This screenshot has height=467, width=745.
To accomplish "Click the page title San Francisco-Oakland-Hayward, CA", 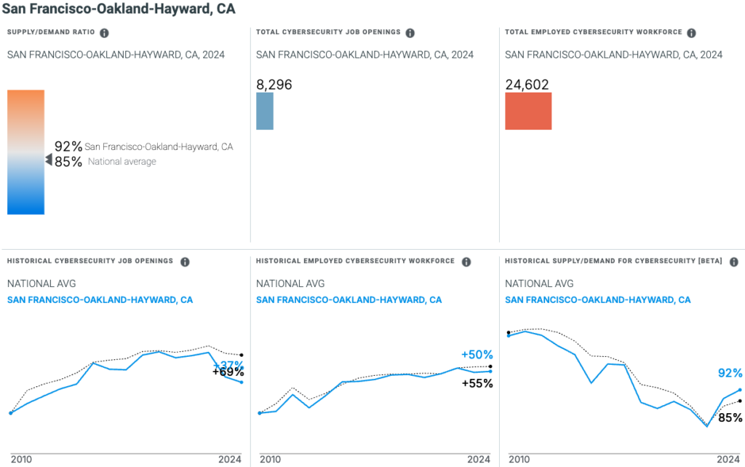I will point(119,9).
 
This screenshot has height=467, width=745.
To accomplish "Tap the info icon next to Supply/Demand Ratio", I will point(104,33).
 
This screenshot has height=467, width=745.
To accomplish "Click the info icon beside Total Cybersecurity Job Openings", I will point(410,33).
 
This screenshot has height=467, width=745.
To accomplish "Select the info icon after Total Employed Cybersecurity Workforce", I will point(691,33).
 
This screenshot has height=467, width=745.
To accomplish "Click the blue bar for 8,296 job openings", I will point(265,111).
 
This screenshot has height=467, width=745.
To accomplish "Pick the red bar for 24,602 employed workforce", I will point(528,111).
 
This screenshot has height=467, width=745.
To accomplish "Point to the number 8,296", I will point(274,85).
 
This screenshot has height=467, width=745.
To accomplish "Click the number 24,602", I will point(527,85).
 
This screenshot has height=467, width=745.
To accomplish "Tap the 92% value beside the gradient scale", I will point(68,146).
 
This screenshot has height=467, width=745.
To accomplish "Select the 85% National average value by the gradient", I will point(68,162).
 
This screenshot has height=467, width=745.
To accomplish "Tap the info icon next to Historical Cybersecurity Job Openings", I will point(185,262).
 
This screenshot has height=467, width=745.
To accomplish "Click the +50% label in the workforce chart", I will point(477,355).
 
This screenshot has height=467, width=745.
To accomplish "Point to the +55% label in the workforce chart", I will point(477,383).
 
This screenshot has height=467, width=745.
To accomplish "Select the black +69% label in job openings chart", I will point(228,372).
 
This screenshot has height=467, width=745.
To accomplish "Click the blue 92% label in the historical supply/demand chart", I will point(730,373).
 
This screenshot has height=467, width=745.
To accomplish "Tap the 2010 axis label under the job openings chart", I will point(21,460).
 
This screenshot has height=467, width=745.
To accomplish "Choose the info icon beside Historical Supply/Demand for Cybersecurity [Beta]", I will point(733,262).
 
